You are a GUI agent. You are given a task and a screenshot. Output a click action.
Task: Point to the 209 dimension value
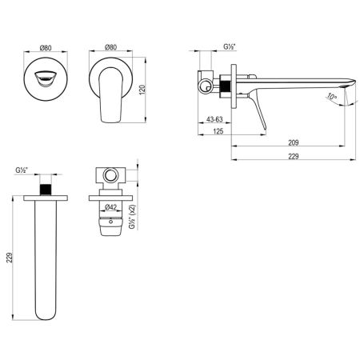click(x=293, y=142)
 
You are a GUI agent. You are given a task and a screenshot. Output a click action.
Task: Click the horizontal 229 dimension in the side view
click(x=293, y=156)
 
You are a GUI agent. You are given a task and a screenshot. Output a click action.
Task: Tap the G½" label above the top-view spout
click(x=22, y=170)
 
